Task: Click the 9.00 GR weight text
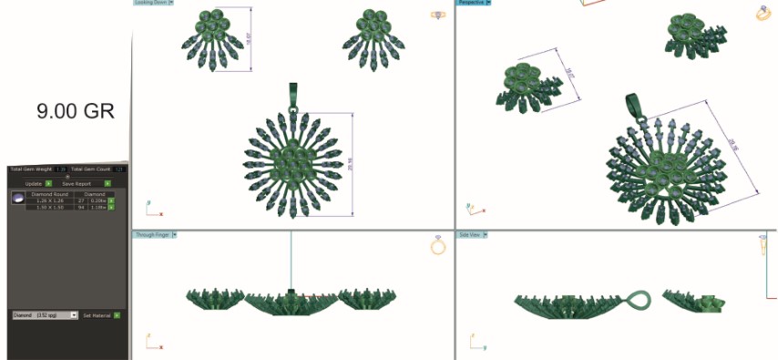(76, 111)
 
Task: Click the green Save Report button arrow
(107, 184)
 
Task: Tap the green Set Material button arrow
(117, 315)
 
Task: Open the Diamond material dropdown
(74, 315)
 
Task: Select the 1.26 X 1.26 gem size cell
(54, 201)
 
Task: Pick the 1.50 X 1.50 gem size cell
(54, 207)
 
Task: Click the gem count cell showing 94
(81, 207)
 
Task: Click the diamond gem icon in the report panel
(17, 198)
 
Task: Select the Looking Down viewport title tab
(151, 3)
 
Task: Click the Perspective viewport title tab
(472, 3)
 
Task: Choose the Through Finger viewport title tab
(152, 235)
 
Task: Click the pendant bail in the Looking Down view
(293, 94)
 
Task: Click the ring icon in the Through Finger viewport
(437, 246)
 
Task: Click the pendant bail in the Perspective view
(634, 104)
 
